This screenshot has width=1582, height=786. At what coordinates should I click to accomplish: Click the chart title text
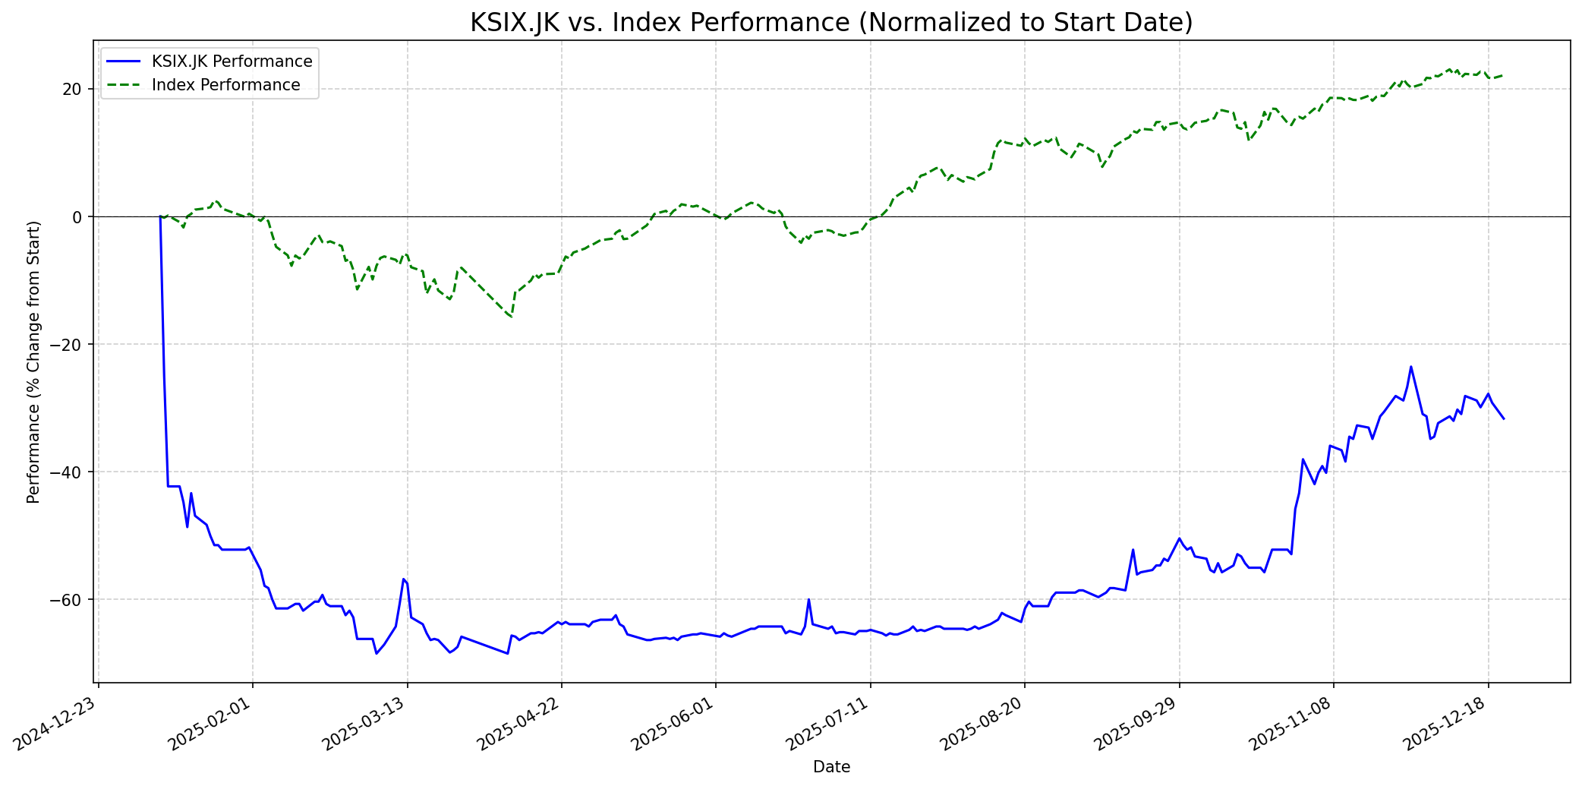tap(831, 23)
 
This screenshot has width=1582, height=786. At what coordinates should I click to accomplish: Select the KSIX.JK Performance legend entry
tap(232, 62)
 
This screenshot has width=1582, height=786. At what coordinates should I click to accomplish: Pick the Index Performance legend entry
tap(225, 85)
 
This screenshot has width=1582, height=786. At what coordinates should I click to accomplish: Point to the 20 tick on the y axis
tap(72, 90)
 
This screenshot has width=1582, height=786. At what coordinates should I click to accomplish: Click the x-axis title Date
tap(831, 767)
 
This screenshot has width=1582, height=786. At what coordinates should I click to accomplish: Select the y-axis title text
tap(33, 361)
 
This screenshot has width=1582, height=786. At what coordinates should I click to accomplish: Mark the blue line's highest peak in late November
tap(1410, 367)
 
